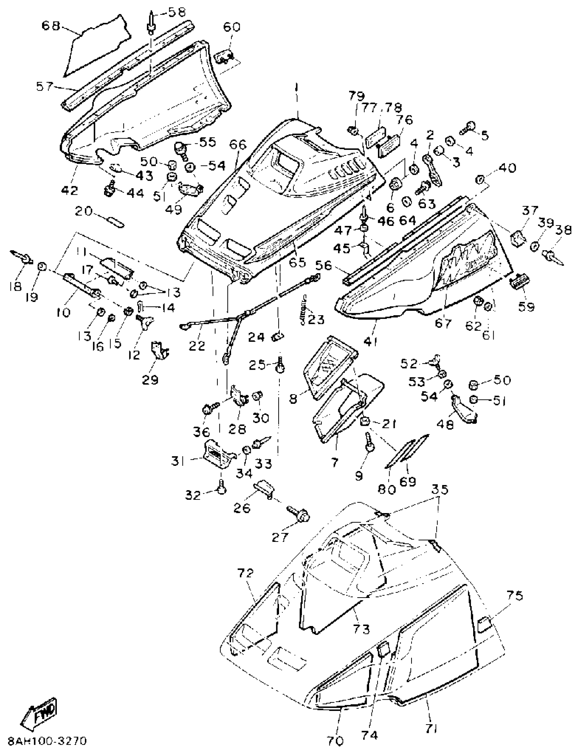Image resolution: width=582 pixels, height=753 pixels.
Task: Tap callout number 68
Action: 51,26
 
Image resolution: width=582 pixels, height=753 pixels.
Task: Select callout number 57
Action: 45,87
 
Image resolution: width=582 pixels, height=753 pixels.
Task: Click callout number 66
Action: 238,144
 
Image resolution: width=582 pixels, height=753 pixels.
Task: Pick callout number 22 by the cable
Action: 197,346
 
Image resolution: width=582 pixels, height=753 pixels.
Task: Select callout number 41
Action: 371,341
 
